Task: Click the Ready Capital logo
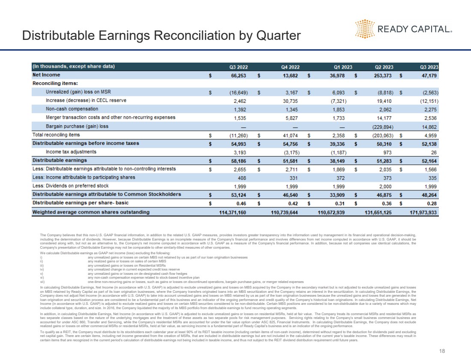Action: (x=403, y=29)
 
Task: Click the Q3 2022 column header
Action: (x=238, y=67)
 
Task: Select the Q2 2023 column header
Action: (x=384, y=67)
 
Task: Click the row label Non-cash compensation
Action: (x=72, y=109)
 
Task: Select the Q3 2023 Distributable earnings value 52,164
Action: (x=428, y=160)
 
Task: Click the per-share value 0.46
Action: (x=241, y=203)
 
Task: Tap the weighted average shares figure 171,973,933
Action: (x=420, y=212)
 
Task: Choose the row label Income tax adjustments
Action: (x=71, y=152)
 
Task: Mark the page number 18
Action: (x=442, y=351)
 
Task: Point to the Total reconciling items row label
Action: (x=56, y=135)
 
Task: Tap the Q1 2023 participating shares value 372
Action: (x=340, y=177)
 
